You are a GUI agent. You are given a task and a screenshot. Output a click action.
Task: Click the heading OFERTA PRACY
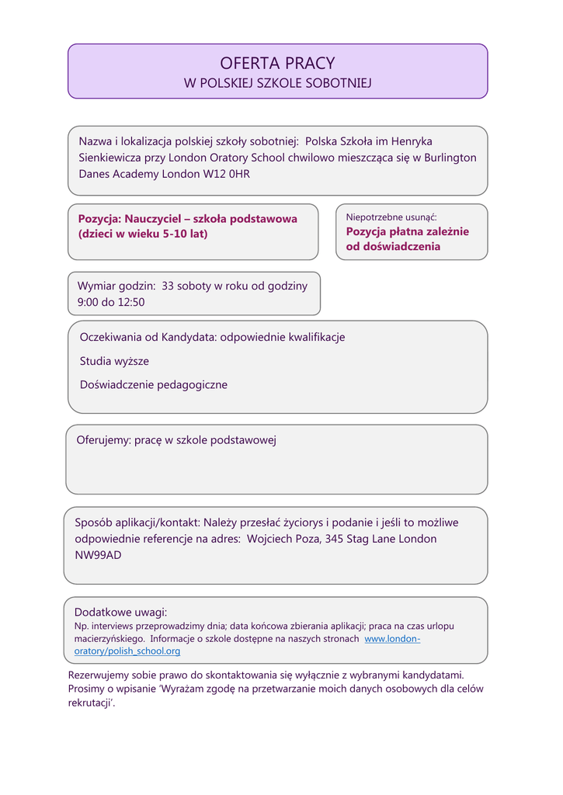click(x=277, y=64)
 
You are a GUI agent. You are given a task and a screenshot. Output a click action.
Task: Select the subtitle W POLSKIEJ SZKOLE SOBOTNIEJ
click(x=277, y=83)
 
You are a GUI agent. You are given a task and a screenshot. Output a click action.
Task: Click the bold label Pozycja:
click(x=99, y=219)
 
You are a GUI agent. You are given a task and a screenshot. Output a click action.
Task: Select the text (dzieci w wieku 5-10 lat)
click(x=143, y=234)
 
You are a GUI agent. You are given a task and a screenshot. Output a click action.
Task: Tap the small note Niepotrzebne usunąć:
click(x=391, y=217)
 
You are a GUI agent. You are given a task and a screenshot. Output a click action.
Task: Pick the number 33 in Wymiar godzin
click(x=169, y=286)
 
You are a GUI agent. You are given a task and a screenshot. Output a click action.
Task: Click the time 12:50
click(x=131, y=302)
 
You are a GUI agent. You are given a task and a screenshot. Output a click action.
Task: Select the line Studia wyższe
click(x=114, y=361)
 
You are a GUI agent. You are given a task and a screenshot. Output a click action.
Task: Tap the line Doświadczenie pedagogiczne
click(x=154, y=384)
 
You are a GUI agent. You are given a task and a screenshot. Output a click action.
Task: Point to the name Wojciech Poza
click(x=282, y=539)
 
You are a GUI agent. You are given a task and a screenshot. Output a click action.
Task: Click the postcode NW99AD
click(x=98, y=555)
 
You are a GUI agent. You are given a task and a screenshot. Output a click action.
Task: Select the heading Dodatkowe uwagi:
click(x=120, y=612)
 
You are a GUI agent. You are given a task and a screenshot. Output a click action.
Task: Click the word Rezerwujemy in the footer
click(x=101, y=675)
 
